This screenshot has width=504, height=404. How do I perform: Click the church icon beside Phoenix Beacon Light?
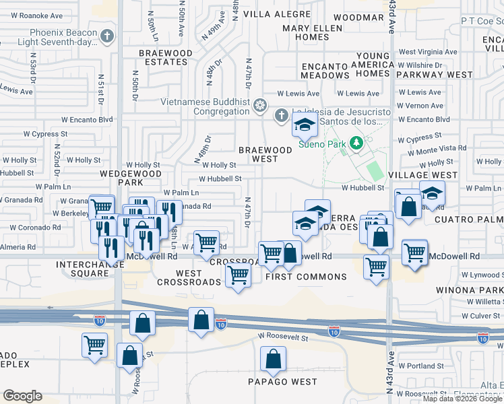point(107,36)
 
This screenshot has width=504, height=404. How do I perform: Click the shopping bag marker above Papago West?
point(273,359)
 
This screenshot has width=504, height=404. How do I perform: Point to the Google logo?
point(22,396)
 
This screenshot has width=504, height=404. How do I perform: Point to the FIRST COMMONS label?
point(306,277)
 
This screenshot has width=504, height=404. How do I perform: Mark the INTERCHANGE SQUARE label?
point(91,269)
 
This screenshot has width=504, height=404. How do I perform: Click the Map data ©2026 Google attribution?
point(462,399)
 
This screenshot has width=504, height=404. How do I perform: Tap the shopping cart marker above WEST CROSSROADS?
point(238,275)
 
